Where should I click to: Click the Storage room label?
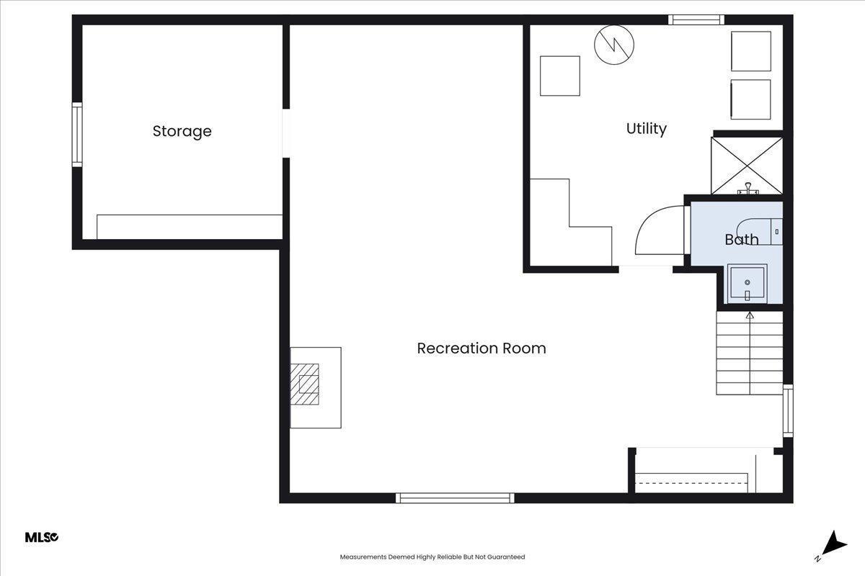click(x=182, y=132)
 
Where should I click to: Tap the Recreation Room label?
click(x=482, y=348)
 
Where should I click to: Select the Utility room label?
click(x=646, y=129)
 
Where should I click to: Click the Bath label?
click(x=742, y=240)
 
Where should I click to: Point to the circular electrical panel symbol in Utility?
click(x=614, y=45)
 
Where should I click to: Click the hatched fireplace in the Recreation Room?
click(x=305, y=384)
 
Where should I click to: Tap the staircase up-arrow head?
click(x=750, y=315)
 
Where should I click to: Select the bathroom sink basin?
click(x=748, y=284)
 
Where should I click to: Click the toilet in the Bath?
click(x=760, y=232)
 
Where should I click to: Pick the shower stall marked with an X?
click(x=747, y=166)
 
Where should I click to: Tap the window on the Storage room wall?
click(x=77, y=135)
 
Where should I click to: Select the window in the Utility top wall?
click(x=696, y=19)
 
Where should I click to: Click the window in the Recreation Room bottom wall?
click(x=455, y=498)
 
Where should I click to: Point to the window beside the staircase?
click(x=788, y=411)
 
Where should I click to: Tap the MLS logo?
click(x=42, y=537)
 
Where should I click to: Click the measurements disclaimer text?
click(x=432, y=557)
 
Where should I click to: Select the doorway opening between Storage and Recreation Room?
click(x=286, y=133)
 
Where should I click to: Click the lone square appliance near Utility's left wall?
click(x=560, y=76)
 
